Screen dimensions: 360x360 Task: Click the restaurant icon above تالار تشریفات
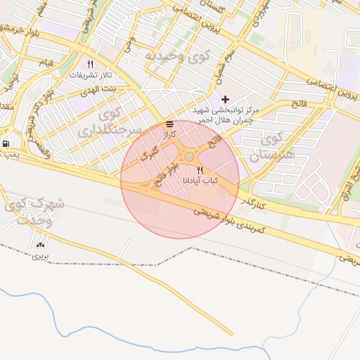[90, 64]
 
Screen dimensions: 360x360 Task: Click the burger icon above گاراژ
[169, 124]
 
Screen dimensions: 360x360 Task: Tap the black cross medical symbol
[225, 99]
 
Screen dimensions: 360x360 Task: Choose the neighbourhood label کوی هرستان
[266, 145]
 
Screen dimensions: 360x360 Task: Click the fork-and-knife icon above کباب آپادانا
[200, 170]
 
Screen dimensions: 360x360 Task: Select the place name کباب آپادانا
[200, 181]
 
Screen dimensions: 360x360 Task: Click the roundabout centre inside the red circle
[189, 156]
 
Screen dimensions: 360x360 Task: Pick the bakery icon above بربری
[39, 245]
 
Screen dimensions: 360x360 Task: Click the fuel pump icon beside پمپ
[6, 144]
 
